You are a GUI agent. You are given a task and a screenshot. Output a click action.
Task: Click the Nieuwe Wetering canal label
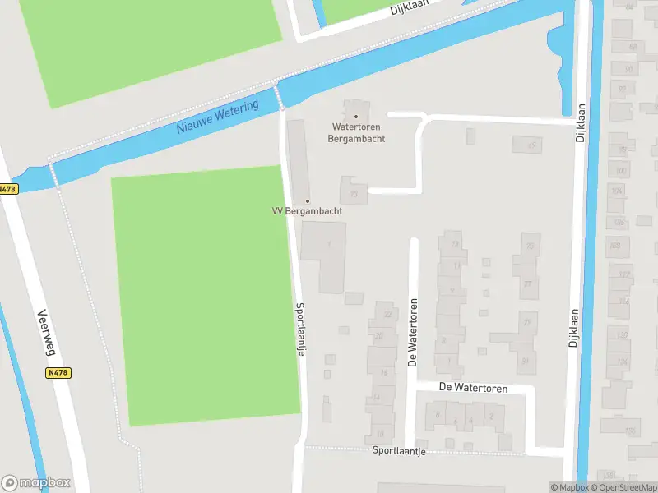tap(217, 117)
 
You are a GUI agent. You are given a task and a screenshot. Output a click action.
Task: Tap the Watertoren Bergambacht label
tap(357, 133)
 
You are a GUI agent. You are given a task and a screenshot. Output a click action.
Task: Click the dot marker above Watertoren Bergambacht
tap(356, 117)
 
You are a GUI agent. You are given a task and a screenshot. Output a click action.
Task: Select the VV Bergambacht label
tap(307, 211)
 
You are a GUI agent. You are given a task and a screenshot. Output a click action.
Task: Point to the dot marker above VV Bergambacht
tap(308, 200)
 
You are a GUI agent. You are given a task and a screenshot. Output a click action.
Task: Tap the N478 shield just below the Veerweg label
tap(58, 372)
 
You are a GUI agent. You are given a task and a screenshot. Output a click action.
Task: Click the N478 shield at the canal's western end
tap(7, 189)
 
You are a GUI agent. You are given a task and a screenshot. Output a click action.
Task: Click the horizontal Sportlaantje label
tap(399, 451)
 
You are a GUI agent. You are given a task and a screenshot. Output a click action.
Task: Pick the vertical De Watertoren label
tap(413, 333)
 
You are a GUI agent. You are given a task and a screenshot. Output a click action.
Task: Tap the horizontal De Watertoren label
tap(473, 388)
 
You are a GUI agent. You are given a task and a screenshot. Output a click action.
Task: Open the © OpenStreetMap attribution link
tap(628, 487)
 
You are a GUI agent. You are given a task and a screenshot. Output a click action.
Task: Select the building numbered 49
tap(527, 145)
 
